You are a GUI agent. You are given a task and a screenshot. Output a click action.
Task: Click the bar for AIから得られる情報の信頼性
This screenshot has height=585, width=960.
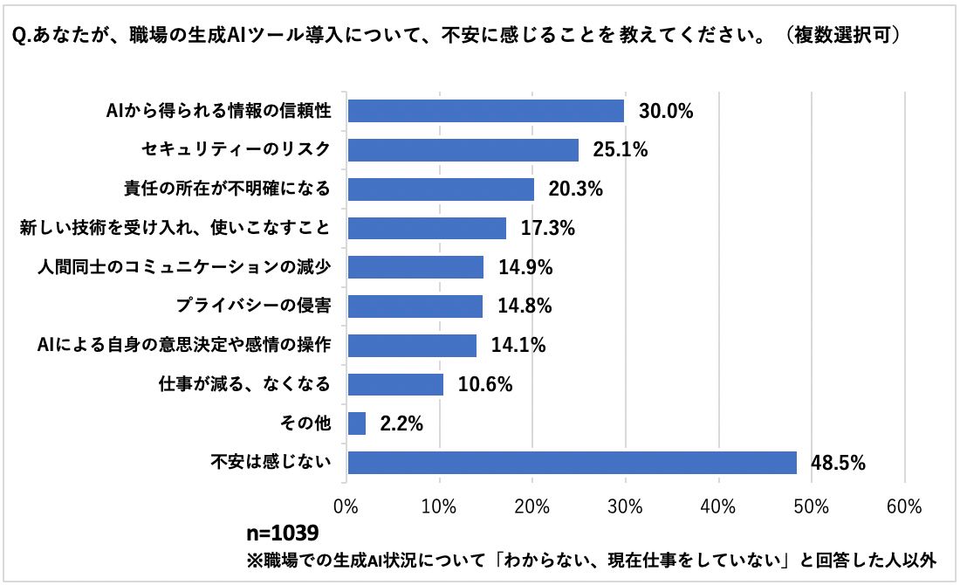click(485, 111)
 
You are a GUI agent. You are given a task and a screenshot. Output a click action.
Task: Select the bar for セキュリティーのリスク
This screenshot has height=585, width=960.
click(463, 150)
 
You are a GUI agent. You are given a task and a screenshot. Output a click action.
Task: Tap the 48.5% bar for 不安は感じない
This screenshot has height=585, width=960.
click(572, 463)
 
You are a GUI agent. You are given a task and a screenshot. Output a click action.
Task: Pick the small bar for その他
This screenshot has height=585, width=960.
click(356, 423)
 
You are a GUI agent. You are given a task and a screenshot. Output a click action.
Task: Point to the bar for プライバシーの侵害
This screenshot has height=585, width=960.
click(415, 306)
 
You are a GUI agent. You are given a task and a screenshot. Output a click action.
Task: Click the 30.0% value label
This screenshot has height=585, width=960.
click(665, 111)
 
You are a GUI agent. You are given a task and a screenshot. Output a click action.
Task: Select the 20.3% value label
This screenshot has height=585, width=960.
click(575, 189)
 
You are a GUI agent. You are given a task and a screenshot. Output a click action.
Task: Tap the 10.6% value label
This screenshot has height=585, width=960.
click(485, 385)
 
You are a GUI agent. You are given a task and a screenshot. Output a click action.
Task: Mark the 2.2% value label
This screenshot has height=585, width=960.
click(401, 424)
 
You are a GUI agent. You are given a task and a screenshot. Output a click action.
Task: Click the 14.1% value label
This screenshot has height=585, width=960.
click(518, 346)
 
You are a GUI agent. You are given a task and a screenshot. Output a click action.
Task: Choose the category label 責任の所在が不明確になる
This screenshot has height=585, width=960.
click(229, 189)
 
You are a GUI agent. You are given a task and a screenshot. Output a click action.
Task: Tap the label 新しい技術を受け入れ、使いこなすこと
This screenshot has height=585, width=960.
click(175, 229)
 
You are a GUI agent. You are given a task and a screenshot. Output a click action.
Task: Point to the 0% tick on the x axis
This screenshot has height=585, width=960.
click(346, 506)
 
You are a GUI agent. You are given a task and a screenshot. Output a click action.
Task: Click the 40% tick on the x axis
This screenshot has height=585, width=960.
click(718, 506)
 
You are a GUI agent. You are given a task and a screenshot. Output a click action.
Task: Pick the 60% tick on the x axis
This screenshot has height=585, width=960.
click(904, 506)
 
